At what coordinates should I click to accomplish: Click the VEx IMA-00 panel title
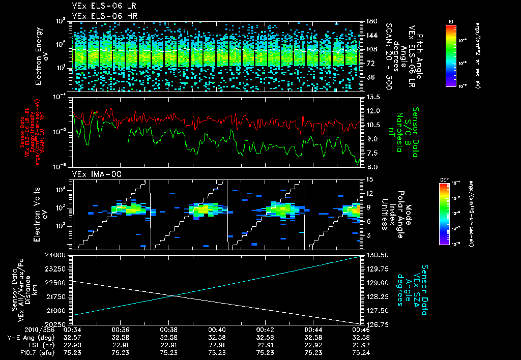point(91,174)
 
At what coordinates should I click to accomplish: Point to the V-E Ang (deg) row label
point(27,337)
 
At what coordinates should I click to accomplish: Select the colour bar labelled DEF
point(444,214)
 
